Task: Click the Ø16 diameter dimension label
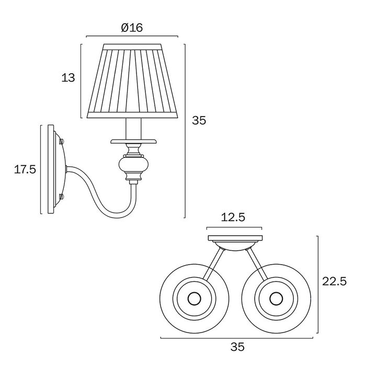point(132,28)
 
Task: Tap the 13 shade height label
point(68,77)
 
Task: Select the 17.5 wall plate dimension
point(25,169)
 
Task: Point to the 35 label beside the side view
point(199,120)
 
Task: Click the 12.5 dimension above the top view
point(233,218)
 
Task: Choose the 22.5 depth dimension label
point(335,281)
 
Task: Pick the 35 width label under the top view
point(237,347)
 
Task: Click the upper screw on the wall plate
point(62,141)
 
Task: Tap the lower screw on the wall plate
point(62,197)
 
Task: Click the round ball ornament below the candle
point(133,164)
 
